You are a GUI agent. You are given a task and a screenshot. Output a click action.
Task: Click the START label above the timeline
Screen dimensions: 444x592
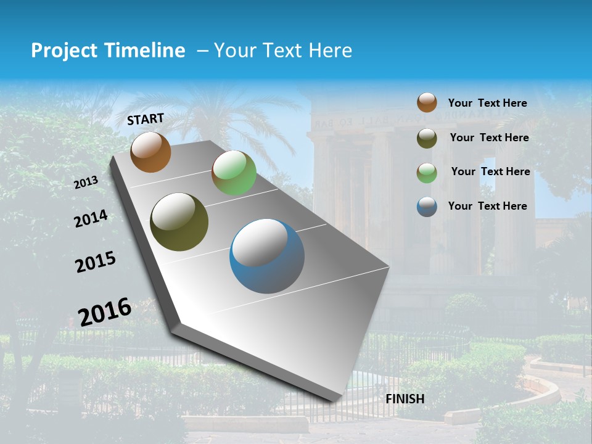146,119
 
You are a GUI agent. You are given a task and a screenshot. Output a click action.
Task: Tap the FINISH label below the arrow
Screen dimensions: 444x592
405,399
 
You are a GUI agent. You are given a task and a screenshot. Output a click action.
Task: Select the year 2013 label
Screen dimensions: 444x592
86,182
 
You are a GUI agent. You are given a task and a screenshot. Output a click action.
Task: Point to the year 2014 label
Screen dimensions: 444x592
91,219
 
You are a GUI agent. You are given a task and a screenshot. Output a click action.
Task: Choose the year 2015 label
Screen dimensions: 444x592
96,262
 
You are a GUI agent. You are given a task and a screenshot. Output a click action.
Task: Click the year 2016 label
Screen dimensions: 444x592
105,312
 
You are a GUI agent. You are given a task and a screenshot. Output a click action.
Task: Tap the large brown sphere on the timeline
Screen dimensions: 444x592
150,152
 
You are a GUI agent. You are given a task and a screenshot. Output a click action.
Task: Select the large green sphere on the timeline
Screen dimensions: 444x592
234,173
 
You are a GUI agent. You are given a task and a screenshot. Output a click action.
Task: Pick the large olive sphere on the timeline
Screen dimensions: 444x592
179,222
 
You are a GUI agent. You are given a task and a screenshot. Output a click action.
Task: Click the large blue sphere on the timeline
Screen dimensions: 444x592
266,256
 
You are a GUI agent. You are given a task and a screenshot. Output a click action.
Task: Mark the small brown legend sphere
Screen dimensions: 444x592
427,102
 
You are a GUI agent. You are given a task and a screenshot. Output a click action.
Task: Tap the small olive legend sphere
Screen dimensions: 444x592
427,138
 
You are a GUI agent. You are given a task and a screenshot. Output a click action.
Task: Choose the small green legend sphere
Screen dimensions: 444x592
427,173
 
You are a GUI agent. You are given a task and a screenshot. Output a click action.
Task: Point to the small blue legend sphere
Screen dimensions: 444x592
427,207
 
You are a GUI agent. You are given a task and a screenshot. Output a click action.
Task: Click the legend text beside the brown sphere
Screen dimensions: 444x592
487,103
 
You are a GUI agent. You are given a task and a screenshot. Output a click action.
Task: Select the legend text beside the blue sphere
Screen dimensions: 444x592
487,206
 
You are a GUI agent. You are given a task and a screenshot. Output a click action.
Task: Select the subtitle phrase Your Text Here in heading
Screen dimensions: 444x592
283,51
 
